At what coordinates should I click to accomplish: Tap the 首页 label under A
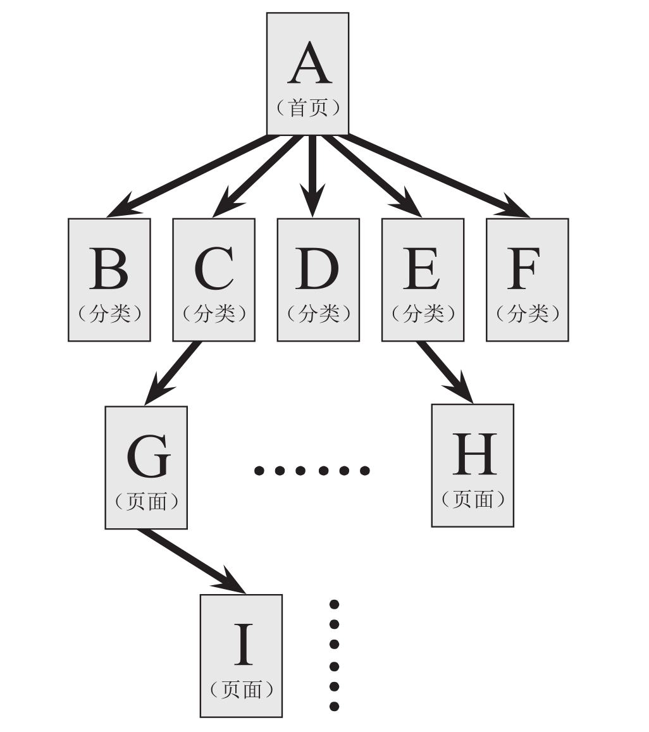point(309,108)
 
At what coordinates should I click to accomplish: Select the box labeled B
point(109,280)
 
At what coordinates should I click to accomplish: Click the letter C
point(214,268)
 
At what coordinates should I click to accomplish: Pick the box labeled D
point(318,280)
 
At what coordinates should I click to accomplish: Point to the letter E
point(423,268)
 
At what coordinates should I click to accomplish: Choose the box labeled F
point(527,280)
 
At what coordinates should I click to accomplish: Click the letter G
point(147,457)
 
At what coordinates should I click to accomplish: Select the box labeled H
point(473,465)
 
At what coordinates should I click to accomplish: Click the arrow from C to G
point(174,373)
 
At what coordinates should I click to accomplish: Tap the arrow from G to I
point(190,560)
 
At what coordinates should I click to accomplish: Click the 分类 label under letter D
point(318,314)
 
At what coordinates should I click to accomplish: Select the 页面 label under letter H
point(473,499)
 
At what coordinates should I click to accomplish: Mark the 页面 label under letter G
point(147,502)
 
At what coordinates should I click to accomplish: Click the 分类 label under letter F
point(527,314)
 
